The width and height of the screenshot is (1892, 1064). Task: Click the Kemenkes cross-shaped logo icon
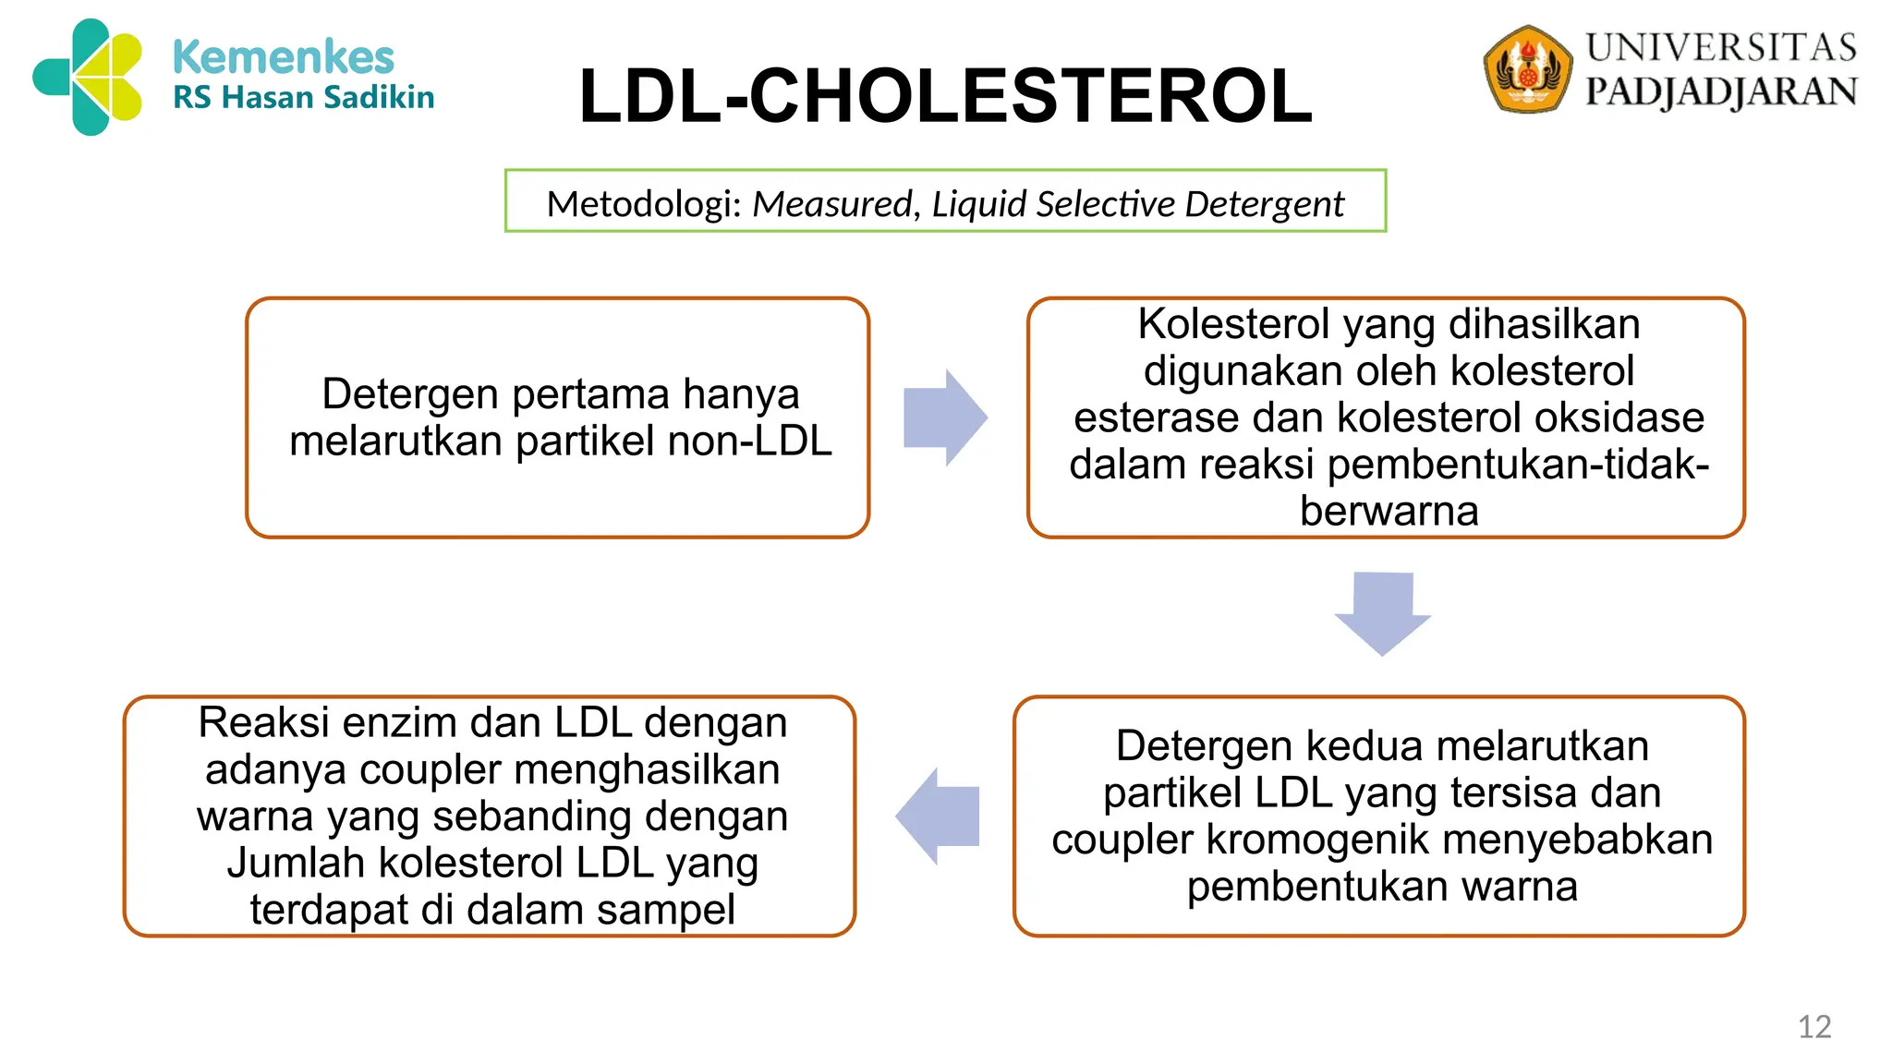click(88, 78)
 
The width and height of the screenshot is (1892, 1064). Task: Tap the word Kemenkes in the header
click(283, 57)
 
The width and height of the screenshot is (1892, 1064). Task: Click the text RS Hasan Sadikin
click(303, 97)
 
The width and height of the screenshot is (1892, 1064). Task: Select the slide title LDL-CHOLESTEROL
click(945, 96)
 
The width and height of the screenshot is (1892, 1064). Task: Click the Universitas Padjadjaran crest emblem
click(1527, 70)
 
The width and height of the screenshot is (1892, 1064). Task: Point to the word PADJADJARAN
click(1721, 91)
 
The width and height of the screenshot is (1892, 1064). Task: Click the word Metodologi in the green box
click(644, 203)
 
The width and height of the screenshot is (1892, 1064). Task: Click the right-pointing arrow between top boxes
click(945, 417)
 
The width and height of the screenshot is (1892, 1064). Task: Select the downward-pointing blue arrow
click(1382, 612)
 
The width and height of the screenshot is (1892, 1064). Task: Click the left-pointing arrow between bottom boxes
click(938, 816)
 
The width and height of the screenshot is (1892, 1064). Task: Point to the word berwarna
click(1389, 511)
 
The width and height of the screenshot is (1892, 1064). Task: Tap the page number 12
click(1813, 1026)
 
